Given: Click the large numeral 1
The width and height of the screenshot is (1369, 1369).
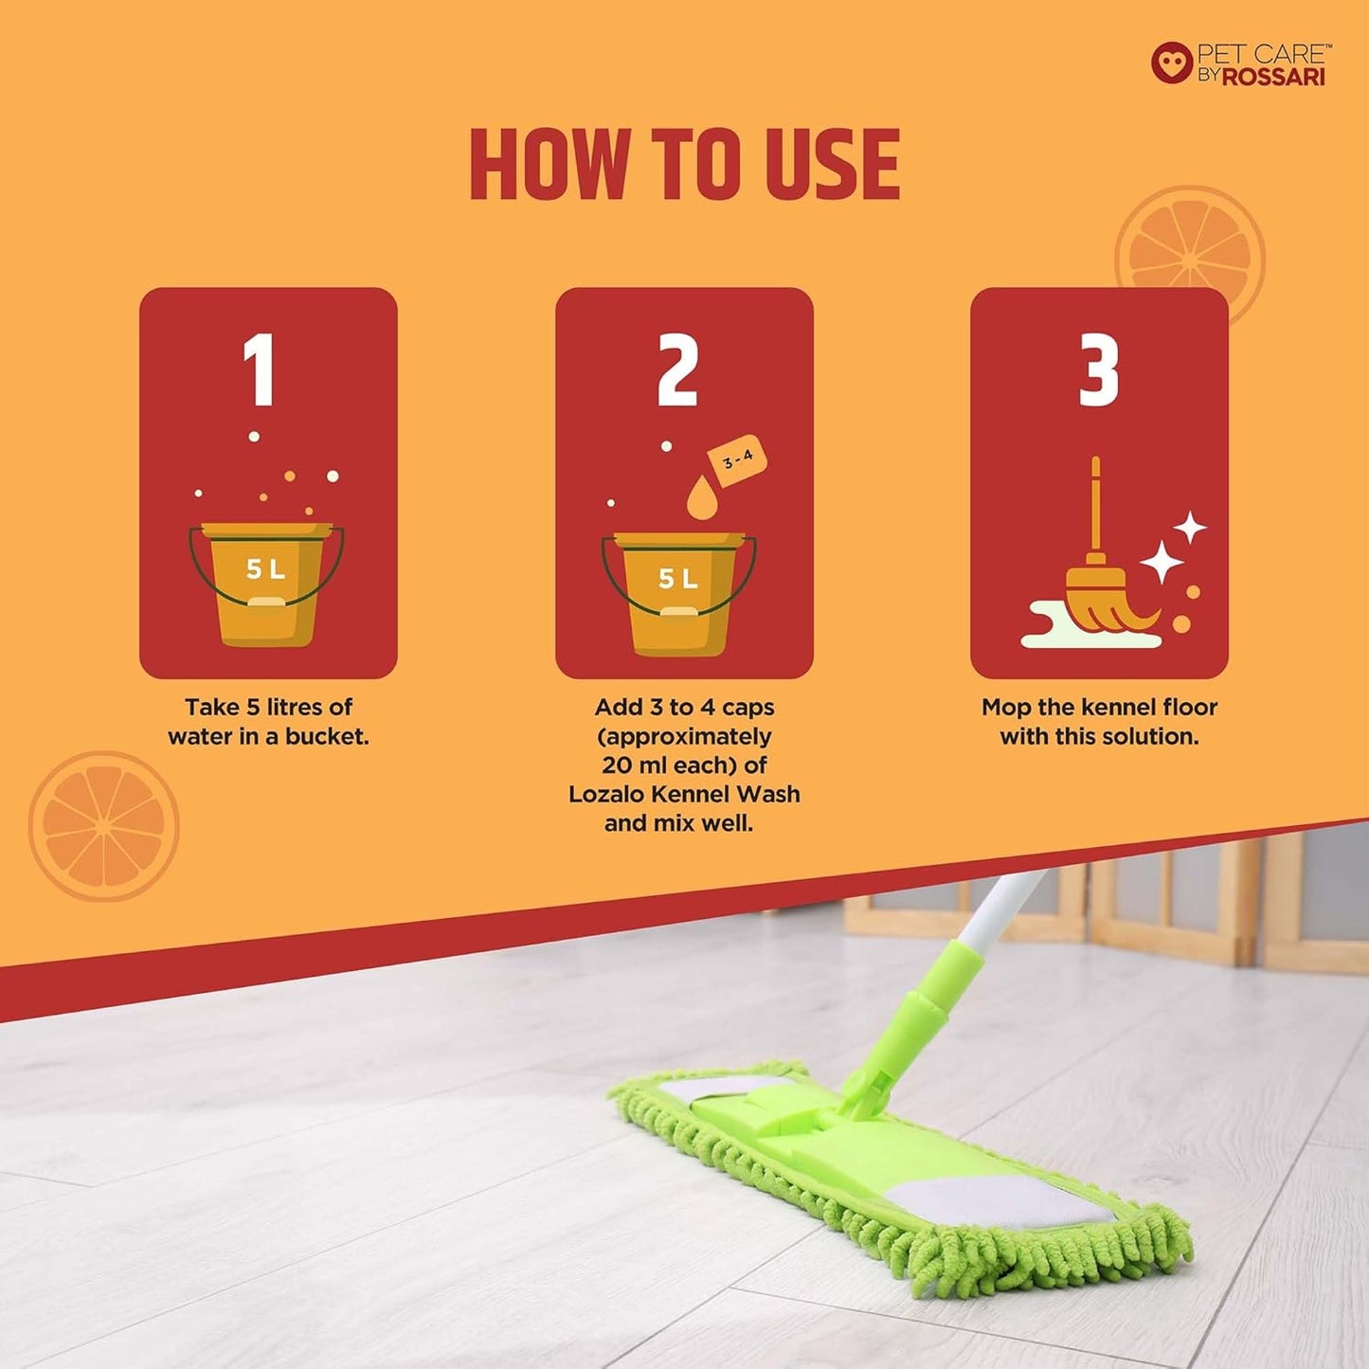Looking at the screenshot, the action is (260, 370).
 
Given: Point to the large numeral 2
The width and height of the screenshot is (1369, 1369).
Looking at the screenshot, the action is (678, 370).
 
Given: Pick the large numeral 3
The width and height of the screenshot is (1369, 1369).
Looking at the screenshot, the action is (1099, 370).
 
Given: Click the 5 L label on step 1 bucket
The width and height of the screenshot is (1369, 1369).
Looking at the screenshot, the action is (266, 569).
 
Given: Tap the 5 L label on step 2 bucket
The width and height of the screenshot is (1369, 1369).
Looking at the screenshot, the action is (678, 579).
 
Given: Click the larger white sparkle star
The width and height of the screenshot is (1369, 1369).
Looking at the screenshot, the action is (1162, 562).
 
